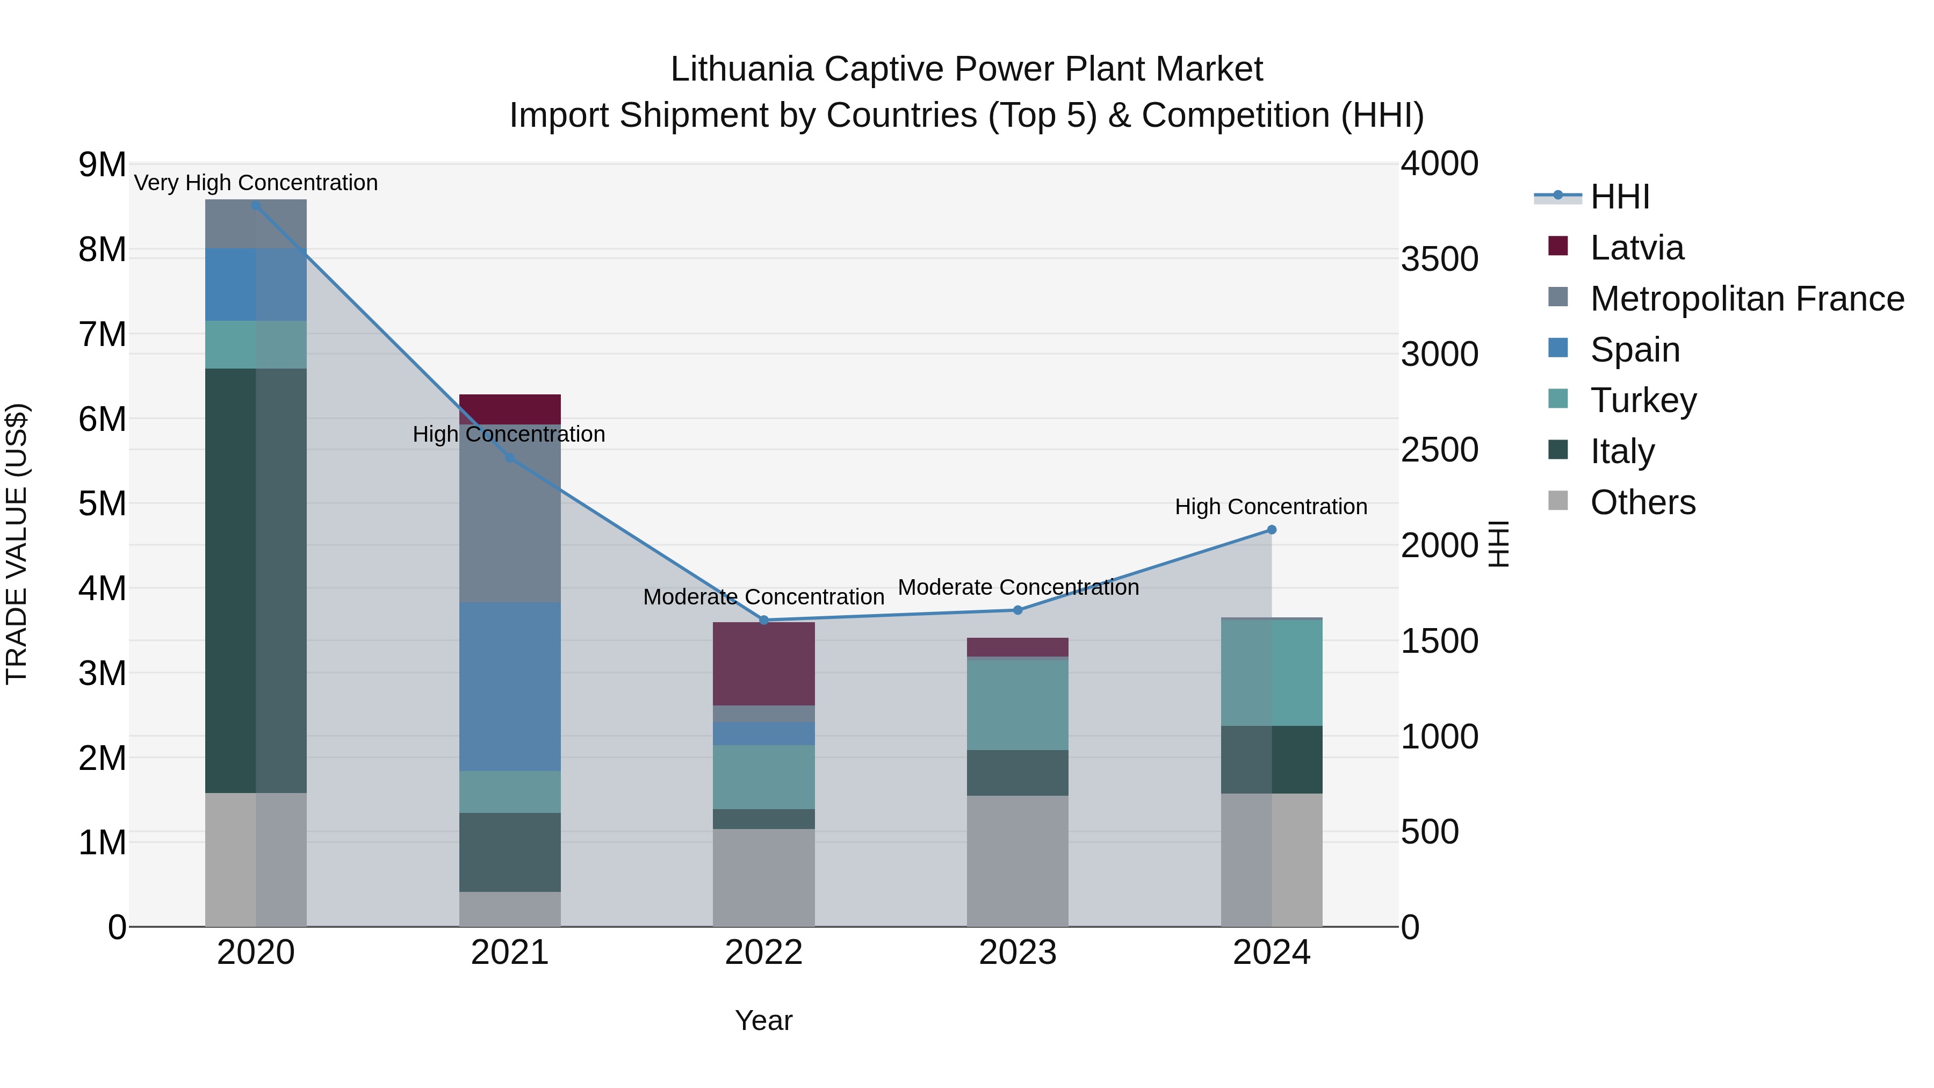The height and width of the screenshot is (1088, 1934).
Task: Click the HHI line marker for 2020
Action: pos(256,206)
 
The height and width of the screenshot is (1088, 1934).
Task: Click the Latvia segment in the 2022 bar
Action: pos(763,664)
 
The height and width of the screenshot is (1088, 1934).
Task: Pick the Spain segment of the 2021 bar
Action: pos(510,686)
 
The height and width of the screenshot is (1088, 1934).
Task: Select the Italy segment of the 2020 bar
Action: pos(256,580)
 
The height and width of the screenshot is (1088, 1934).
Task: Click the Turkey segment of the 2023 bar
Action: pos(1017,704)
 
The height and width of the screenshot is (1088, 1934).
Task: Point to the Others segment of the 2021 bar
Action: pos(510,909)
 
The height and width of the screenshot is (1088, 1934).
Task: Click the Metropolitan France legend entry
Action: pos(1747,299)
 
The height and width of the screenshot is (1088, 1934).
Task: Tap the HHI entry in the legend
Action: pos(1619,197)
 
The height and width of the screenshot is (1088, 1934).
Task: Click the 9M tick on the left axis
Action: pos(102,164)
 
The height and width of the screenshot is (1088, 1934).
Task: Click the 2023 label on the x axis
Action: pos(1017,953)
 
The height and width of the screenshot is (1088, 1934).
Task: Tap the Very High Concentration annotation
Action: pos(256,183)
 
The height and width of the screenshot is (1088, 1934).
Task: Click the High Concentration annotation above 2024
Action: pos(1271,507)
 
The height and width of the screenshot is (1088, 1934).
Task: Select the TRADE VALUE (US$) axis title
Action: pos(17,544)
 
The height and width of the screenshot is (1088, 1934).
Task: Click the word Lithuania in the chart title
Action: pos(742,69)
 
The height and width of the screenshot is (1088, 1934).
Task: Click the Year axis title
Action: pos(763,1020)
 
